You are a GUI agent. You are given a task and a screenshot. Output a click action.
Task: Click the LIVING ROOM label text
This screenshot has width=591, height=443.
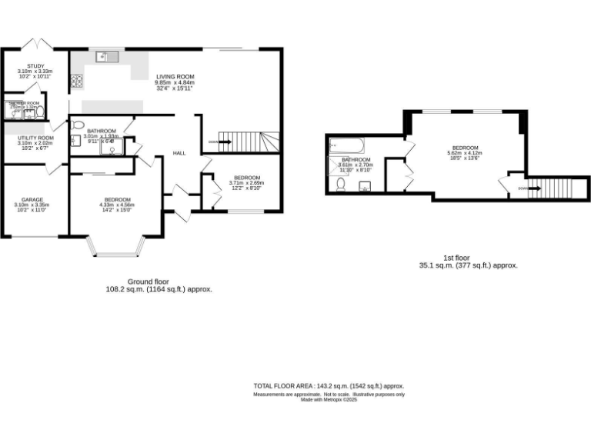pyautogui.click(x=175, y=77)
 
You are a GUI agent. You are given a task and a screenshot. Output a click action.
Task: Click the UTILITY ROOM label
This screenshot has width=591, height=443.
pyautogui.click(x=35, y=138)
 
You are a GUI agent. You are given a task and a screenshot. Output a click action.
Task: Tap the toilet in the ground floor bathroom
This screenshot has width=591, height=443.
pyautogui.click(x=76, y=125)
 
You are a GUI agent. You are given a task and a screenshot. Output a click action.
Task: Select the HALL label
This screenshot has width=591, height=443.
pyautogui.click(x=179, y=153)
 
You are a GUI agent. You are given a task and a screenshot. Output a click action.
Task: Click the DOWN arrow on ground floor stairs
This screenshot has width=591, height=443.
pyautogui.click(x=212, y=142)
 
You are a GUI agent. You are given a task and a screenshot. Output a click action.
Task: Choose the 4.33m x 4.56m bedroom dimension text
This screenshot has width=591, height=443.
pyautogui.click(x=116, y=205)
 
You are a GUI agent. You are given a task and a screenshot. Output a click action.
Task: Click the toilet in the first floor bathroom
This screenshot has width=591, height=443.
pyautogui.click(x=340, y=184)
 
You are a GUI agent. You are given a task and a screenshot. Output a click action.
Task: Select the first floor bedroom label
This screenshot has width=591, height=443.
pyautogui.click(x=465, y=148)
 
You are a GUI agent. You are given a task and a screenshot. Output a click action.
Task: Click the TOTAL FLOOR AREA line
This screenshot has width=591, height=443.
pyautogui.click(x=329, y=385)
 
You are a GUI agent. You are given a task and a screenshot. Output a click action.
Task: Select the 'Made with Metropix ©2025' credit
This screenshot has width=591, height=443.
pyautogui.click(x=329, y=400)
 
